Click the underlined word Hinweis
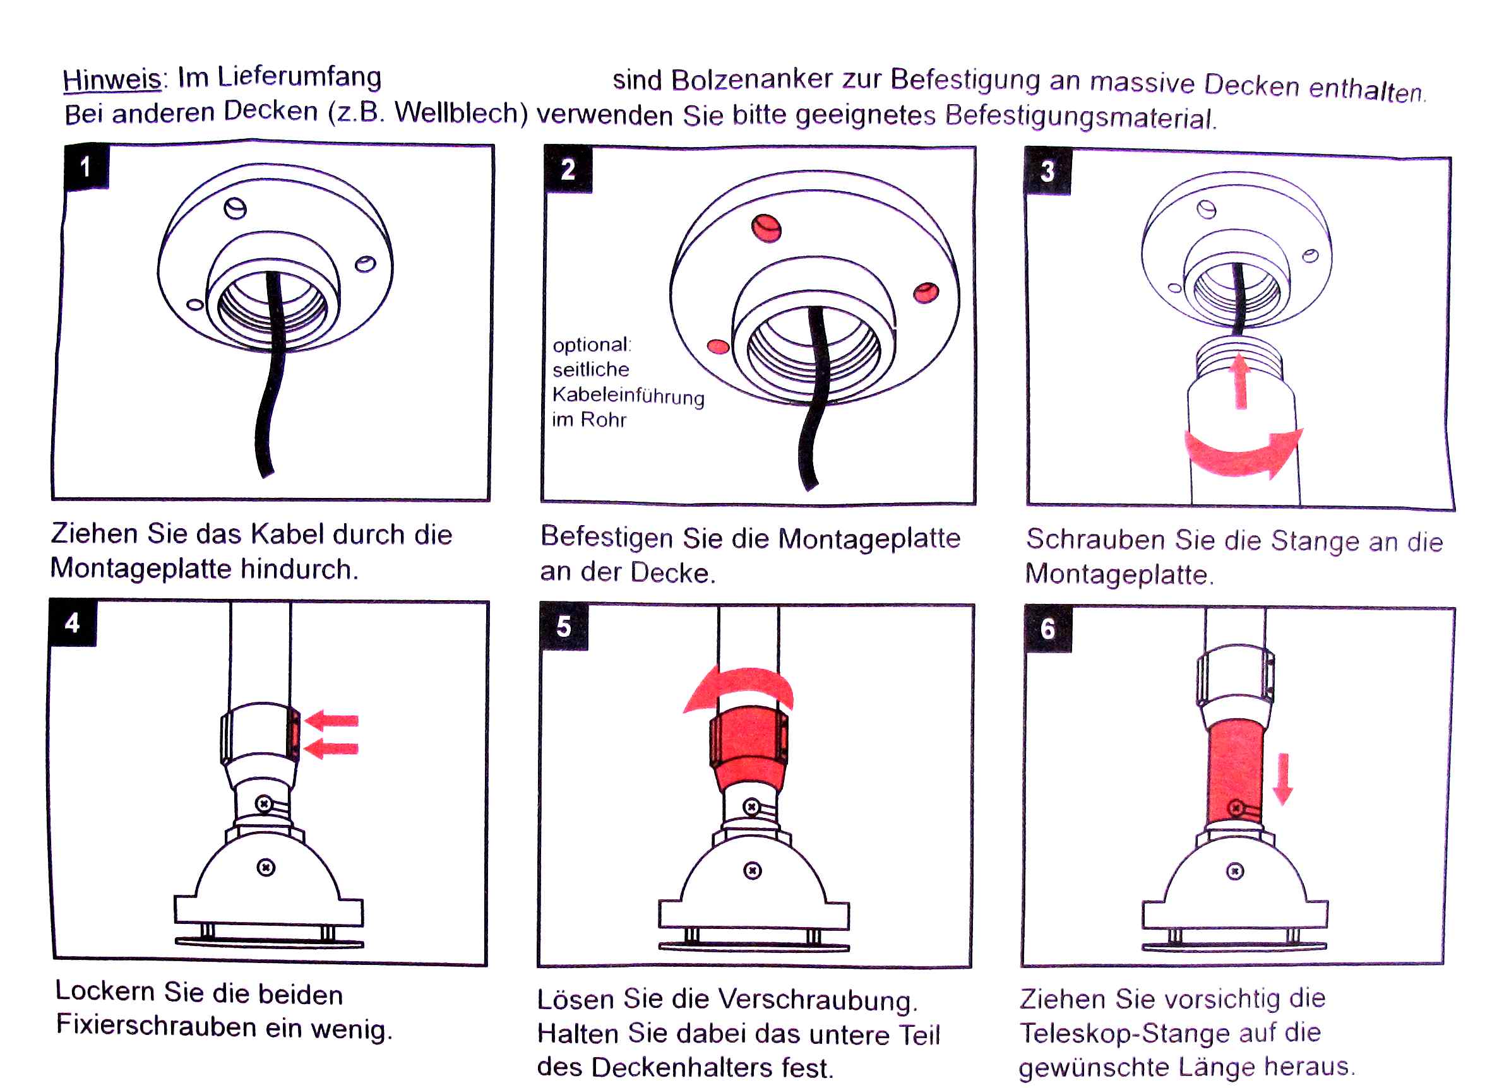[x=112, y=80]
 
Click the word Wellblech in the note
[x=462, y=114]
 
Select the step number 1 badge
[x=86, y=166]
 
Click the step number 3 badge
[x=1047, y=172]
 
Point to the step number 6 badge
[x=1047, y=629]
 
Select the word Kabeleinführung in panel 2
[x=628, y=395]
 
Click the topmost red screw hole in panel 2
[x=766, y=228]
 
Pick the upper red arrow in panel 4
[x=333, y=720]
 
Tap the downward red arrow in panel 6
[x=1282, y=779]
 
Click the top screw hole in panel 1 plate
[x=235, y=208]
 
